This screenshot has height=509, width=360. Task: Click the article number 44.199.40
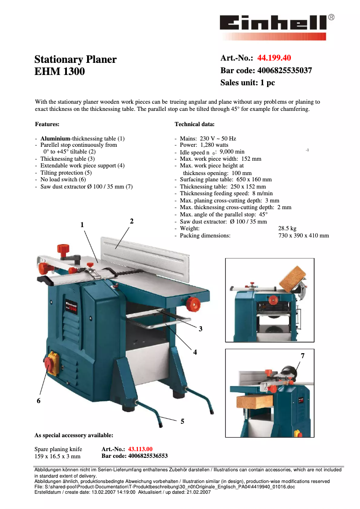(274, 58)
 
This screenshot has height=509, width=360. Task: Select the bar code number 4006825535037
(284, 70)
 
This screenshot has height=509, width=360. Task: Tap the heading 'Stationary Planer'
(75, 60)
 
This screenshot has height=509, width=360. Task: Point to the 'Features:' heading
(47, 124)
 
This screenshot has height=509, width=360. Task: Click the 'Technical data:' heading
(194, 124)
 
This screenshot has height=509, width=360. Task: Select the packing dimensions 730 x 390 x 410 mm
(303, 235)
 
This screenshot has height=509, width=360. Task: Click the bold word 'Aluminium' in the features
(56, 138)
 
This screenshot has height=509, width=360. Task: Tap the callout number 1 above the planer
(83, 224)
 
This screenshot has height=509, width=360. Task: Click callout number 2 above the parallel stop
(132, 221)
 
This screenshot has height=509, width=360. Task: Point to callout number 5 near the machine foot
(182, 421)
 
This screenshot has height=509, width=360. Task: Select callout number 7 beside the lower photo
(303, 355)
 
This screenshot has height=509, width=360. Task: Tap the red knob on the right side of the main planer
(193, 303)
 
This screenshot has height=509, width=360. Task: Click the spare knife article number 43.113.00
(140, 449)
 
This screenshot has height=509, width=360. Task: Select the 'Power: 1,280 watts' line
(204, 145)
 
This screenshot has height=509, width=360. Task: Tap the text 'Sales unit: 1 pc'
(247, 83)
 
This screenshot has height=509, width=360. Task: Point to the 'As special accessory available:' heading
(74, 435)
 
